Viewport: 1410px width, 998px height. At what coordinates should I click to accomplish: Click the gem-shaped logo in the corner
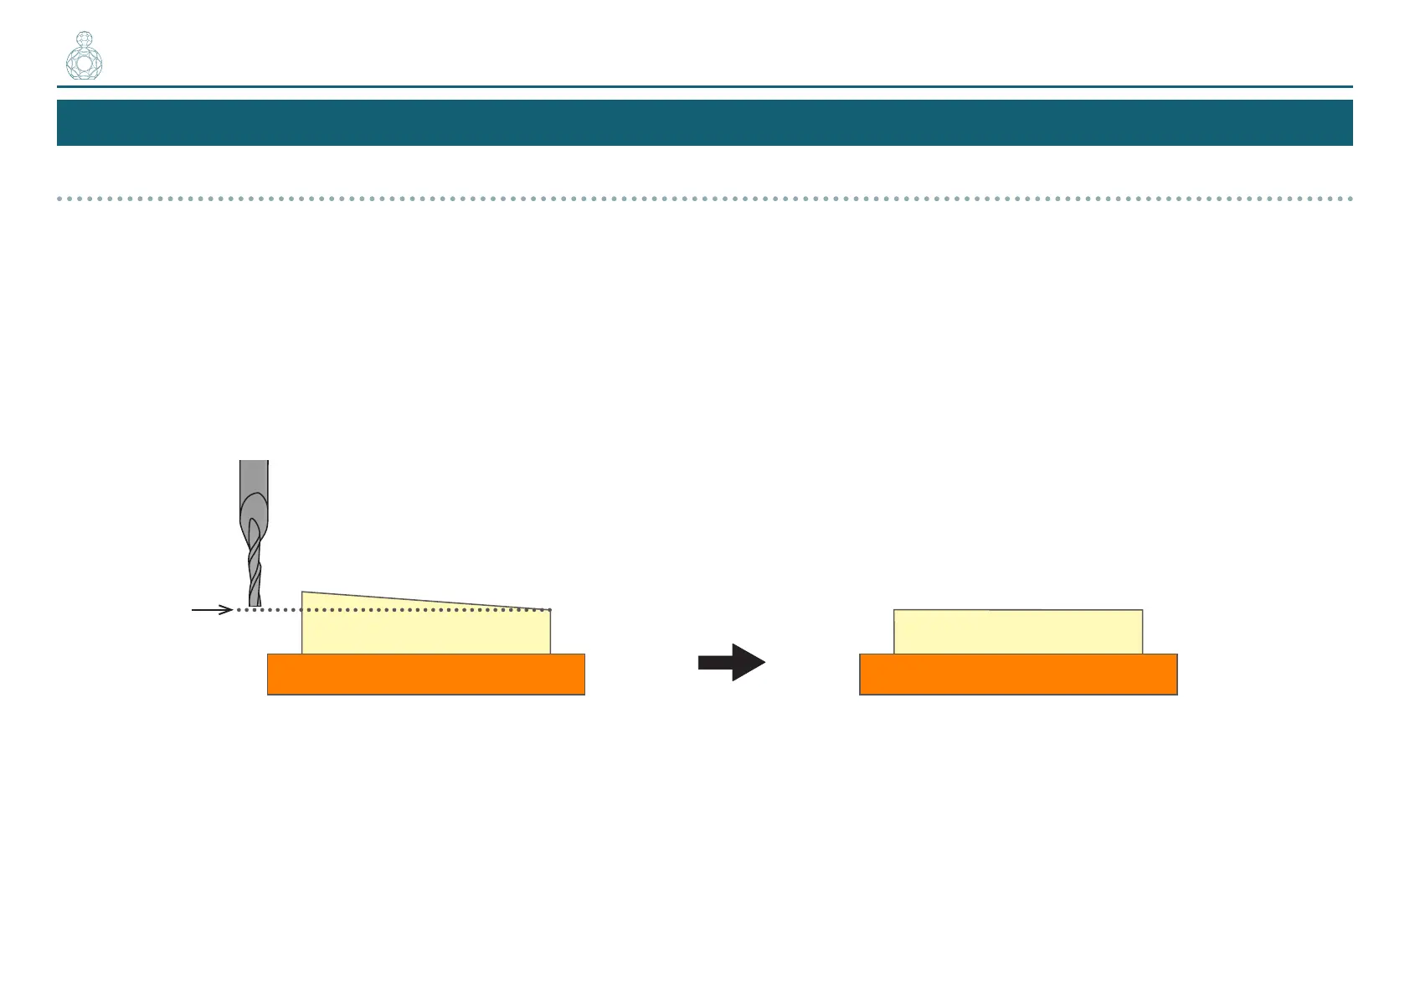click(x=84, y=57)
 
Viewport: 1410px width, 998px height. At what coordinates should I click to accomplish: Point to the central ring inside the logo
click(x=84, y=64)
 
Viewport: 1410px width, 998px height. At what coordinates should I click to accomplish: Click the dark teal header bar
click(x=704, y=122)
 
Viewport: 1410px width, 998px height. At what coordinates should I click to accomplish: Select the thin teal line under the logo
click(x=704, y=86)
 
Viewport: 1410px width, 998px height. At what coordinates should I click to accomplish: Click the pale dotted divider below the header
click(x=704, y=199)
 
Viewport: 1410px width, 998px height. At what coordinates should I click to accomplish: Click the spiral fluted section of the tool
click(x=255, y=561)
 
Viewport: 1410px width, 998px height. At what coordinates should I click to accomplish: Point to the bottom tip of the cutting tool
click(x=255, y=604)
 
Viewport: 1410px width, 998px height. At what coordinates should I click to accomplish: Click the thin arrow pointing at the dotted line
click(x=211, y=610)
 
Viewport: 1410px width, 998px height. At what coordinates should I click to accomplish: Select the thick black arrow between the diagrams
click(x=731, y=663)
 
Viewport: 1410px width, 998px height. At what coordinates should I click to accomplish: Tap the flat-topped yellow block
click(x=1017, y=632)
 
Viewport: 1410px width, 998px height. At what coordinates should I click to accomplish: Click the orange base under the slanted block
click(x=425, y=675)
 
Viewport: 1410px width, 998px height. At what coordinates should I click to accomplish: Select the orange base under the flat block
click(x=1017, y=675)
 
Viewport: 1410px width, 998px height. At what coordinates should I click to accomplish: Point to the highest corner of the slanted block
click(x=303, y=592)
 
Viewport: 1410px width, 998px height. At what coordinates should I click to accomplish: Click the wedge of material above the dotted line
click(x=352, y=602)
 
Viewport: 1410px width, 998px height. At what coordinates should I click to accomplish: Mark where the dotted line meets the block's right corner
click(x=550, y=610)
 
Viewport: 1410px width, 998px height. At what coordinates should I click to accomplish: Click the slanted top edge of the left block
click(x=425, y=600)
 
